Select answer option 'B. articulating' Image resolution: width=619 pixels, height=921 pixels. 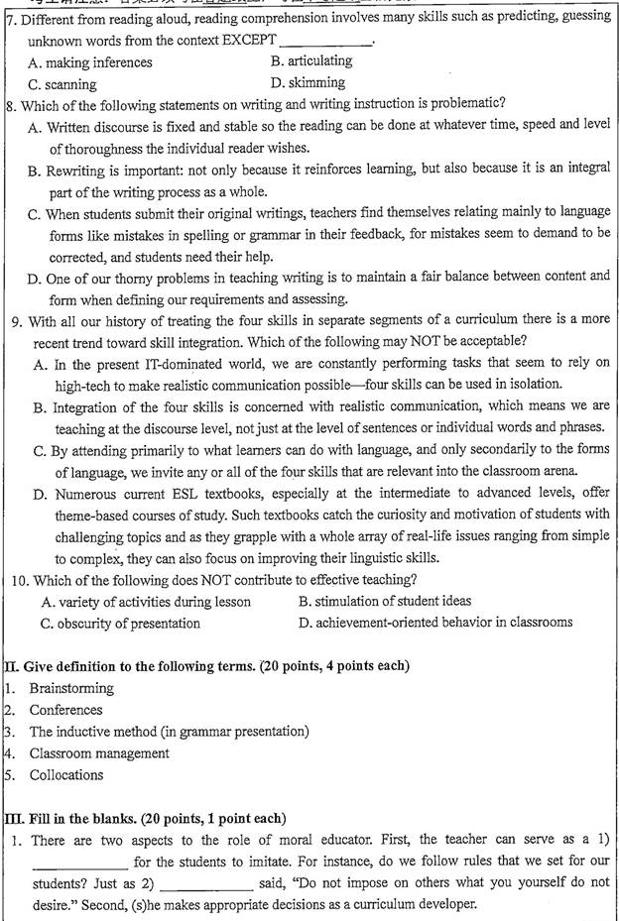(x=310, y=61)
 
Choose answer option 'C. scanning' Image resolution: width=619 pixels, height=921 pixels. (x=62, y=84)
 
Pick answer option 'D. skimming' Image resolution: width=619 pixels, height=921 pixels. (x=308, y=83)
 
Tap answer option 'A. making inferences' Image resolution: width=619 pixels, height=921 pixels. (x=90, y=62)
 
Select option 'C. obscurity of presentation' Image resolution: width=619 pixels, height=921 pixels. (x=120, y=624)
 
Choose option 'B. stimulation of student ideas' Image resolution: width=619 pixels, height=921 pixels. (x=371, y=601)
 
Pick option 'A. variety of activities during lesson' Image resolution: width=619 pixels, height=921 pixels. (x=146, y=602)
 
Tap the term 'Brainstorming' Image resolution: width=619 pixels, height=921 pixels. (x=71, y=688)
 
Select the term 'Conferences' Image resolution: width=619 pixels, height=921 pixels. (x=65, y=710)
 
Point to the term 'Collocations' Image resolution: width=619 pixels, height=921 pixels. (x=66, y=775)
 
